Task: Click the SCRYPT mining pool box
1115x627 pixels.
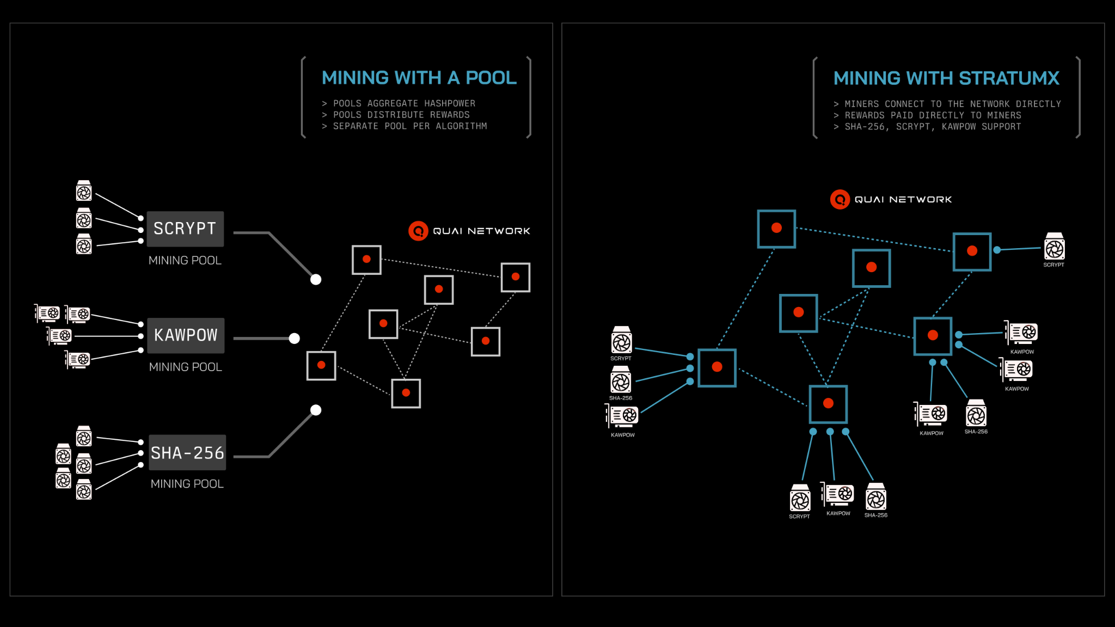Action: click(185, 229)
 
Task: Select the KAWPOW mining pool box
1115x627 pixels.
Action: click(186, 335)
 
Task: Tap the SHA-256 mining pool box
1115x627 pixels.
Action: click(187, 452)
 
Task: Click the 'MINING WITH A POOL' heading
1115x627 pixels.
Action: click(419, 78)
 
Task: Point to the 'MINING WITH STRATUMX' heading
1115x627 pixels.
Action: click(946, 78)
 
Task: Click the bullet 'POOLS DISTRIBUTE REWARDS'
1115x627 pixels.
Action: click(401, 115)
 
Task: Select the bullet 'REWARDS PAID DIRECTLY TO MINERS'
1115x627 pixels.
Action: click(933, 115)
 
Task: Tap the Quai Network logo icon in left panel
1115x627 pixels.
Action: click(418, 231)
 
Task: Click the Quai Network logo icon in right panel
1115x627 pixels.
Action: click(840, 199)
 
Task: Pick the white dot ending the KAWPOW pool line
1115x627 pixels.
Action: click(295, 339)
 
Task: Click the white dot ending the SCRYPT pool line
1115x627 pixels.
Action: click(316, 280)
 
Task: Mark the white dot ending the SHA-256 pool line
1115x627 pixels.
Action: click(316, 410)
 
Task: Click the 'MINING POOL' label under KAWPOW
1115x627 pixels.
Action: click(186, 367)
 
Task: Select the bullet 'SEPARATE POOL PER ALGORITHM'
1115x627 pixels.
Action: click(410, 126)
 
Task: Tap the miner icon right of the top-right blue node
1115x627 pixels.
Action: click(1054, 249)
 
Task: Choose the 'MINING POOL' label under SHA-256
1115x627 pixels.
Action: click(187, 484)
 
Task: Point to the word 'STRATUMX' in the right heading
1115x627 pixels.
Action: click(1009, 78)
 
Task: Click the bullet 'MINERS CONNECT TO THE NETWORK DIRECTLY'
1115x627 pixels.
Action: click(953, 104)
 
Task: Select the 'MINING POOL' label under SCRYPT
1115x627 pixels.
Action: click(185, 261)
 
